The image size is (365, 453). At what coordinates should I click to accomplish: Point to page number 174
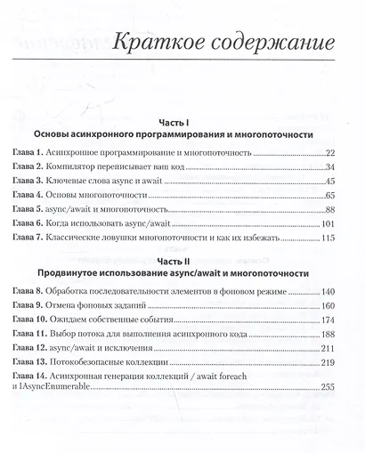click(x=328, y=324)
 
